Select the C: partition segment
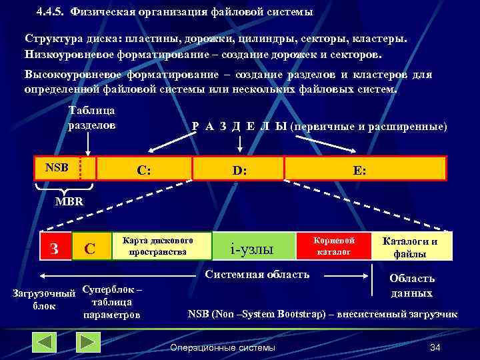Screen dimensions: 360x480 (144, 170)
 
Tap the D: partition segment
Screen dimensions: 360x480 (239, 170)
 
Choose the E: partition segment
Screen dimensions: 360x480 (360, 170)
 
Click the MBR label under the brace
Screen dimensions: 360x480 (69, 201)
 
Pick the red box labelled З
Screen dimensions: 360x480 (55, 248)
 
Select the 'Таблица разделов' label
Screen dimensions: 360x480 (92, 117)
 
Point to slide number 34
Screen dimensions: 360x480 (436, 347)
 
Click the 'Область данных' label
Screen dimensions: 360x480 (412, 285)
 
